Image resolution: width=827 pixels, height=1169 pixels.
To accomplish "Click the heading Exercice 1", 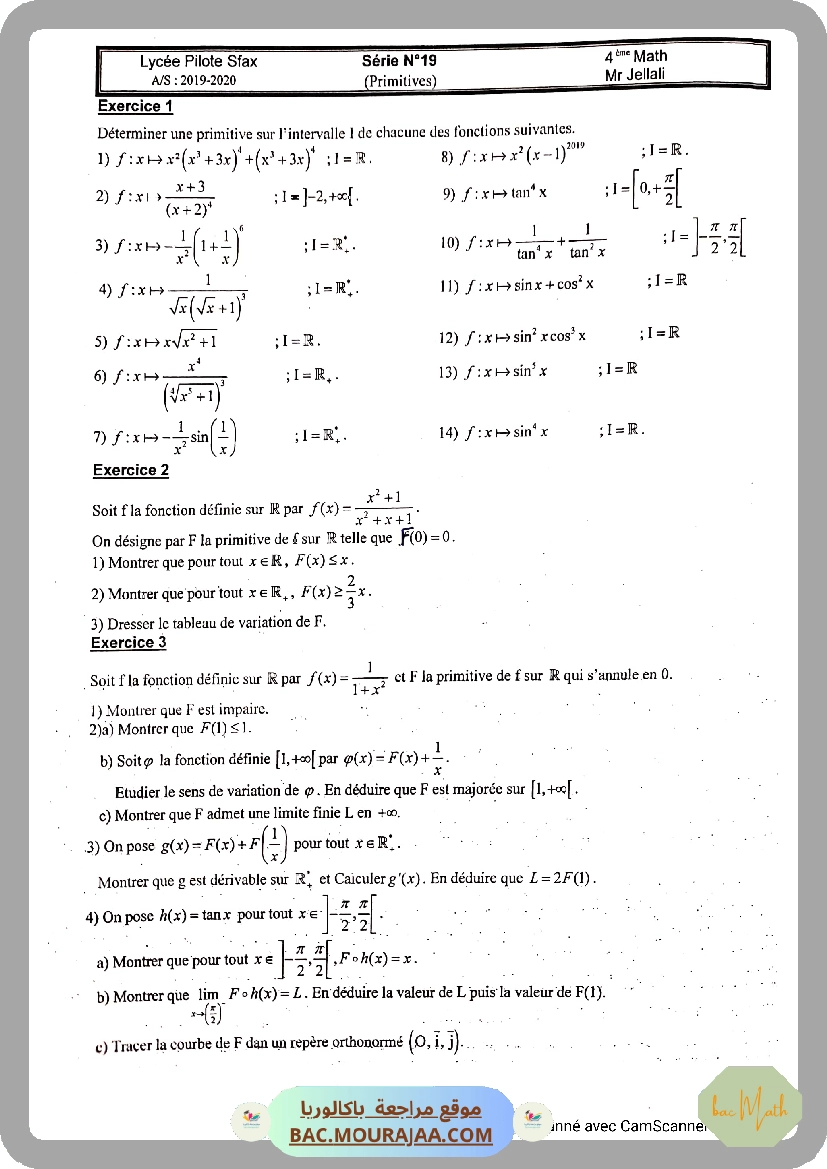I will [x=135, y=106].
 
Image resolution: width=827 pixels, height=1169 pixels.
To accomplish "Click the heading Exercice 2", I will [x=130, y=470].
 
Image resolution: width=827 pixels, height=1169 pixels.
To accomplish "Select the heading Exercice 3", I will [x=128, y=643].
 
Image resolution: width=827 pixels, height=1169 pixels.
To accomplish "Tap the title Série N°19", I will [x=399, y=61].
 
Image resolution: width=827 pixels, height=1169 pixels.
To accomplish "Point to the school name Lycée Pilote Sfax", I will [x=198, y=61].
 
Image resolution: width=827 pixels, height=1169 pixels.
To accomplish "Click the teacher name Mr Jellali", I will [x=635, y=74].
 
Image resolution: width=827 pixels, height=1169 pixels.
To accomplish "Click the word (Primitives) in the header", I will [x=399, y=80].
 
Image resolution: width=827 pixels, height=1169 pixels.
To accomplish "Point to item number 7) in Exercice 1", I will [x=100, y=436].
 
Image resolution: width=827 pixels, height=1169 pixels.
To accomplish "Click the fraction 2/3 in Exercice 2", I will [x=352, y=590].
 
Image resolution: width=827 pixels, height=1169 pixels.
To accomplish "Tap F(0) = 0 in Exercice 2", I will [x=426, y=537].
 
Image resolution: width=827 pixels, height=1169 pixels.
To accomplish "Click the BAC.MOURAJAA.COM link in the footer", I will [x=391, y=1135].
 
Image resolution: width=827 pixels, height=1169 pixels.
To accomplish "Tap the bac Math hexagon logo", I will [x=749, y=1106].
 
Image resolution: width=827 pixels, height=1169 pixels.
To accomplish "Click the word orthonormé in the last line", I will [x=355, y=1045].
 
